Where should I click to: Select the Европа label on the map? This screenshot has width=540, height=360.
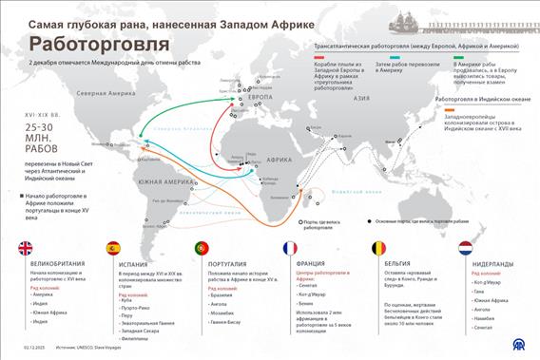tap(260, 99)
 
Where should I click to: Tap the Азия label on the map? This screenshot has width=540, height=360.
tap(360, 98)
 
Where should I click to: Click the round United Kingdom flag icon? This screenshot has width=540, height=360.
tap(25, 249)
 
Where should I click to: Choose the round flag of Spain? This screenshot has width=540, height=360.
tap(112, 249)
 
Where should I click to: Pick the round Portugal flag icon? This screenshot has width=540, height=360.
tap(202, 249)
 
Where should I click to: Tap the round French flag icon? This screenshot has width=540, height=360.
tap(289, 249)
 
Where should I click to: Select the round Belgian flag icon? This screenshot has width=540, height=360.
tap(378, 249)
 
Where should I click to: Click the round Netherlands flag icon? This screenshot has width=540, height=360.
tap(467, 249)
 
